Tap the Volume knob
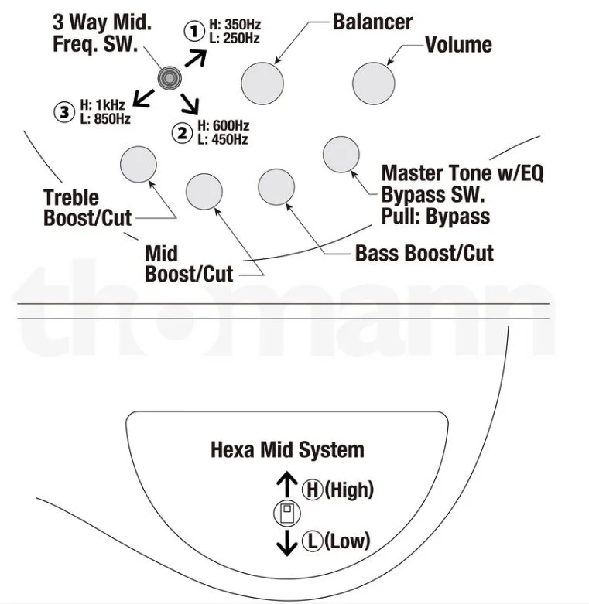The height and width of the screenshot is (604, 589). (372, 80)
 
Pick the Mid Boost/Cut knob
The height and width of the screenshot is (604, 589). (205, 189)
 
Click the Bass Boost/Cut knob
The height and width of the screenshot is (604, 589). (276, 185)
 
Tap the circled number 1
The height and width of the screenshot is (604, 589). (191, 32)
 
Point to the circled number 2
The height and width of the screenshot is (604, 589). (183, 133)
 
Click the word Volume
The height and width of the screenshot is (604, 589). (458, 44)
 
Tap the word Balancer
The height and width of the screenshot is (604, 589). (373, 21)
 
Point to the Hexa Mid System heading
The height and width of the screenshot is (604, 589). (287, 449)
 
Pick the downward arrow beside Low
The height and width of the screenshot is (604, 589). (287, 542)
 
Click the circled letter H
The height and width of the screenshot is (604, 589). (312, 489)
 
